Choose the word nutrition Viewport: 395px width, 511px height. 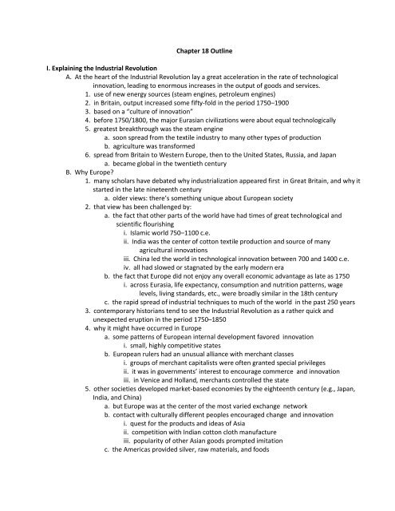pos(290,340)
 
